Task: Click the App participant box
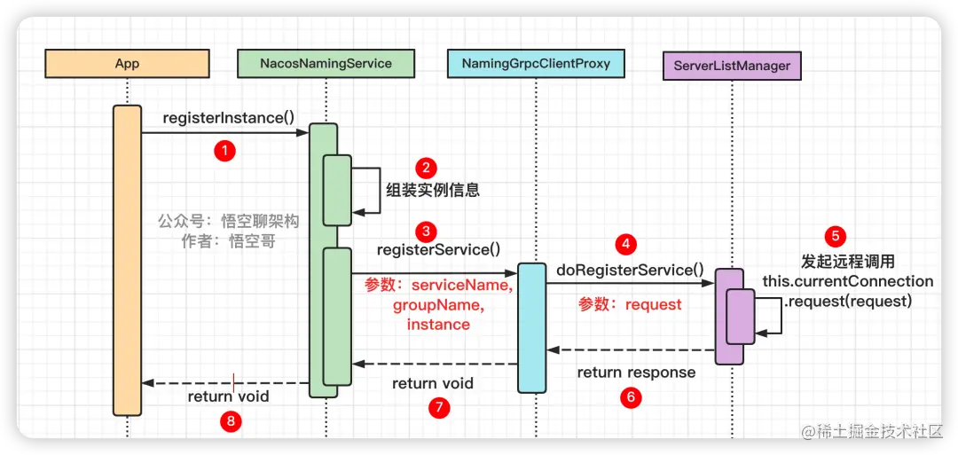[x=127, y=63]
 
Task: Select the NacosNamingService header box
[x=326, y=63]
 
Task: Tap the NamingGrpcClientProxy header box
[x=536, y=63]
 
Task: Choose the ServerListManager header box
[x=732, y=66]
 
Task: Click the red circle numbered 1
[x=225, y=151]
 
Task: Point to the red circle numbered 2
[x=427, y=168]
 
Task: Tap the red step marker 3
[x=427, y=231]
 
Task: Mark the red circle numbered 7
[x=438, y=408]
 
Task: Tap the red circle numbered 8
[x=231, y=421]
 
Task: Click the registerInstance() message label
[x=229, y=118]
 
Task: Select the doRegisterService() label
[x=630, y=270]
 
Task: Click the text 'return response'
[x=636, y=373]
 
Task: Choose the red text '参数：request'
[x=630, y=304]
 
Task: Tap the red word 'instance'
[x=438, y=325]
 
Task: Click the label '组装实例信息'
[x=433, y=190]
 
